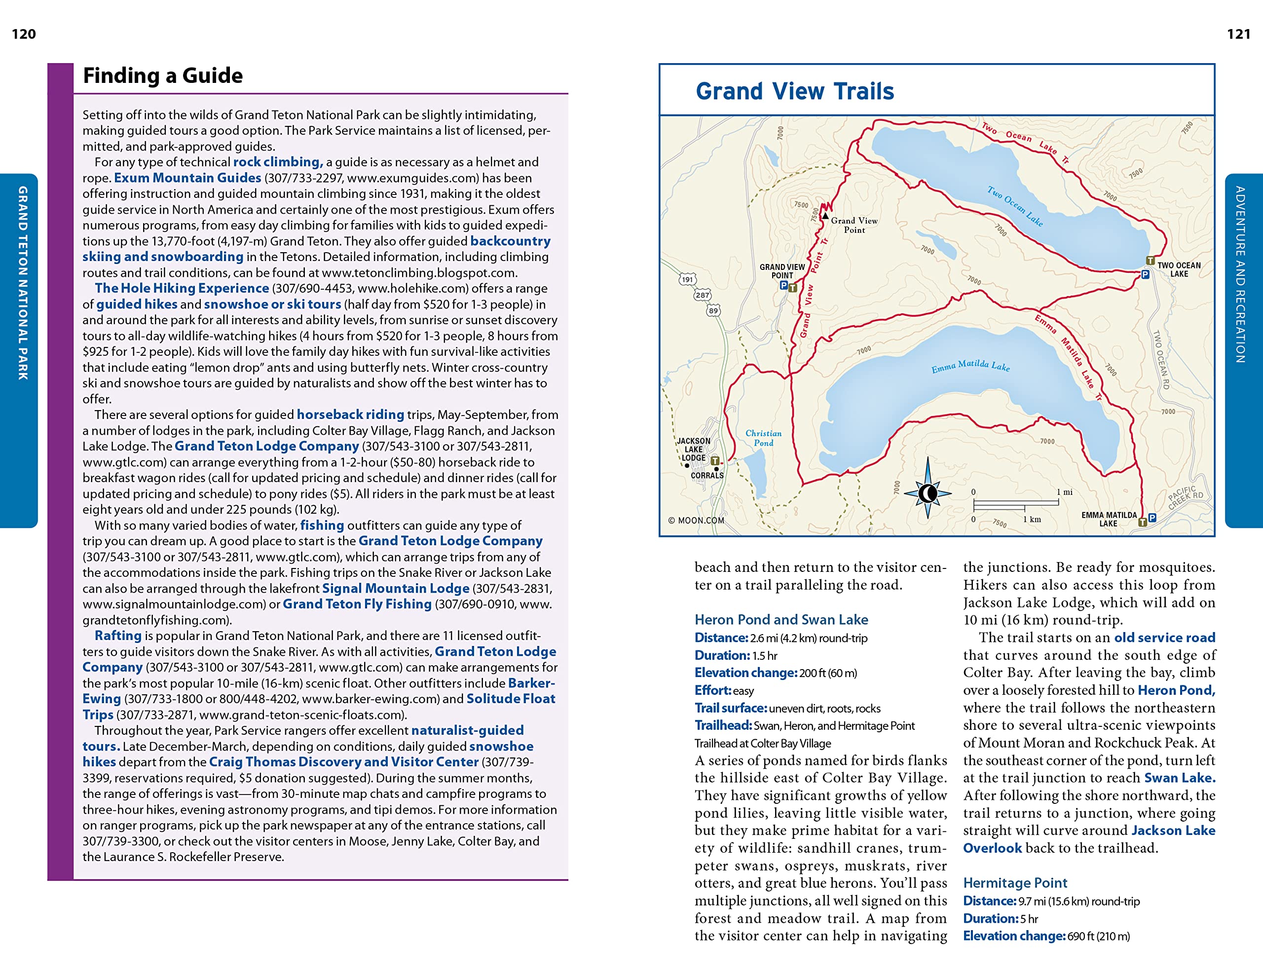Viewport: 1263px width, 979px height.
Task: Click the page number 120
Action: [24, 34]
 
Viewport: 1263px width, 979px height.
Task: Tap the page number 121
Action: [1238, 34]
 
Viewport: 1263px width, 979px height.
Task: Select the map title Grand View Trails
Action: [795, 91]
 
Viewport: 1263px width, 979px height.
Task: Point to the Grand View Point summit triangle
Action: [825, 215]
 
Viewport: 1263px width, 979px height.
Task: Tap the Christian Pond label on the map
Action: [763, 438]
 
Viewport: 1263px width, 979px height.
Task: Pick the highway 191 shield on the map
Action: [686, 279]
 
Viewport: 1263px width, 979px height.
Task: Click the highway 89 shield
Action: [713, 310]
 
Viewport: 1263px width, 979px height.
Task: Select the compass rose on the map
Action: [928, 493]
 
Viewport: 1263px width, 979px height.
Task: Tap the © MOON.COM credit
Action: [696, 521]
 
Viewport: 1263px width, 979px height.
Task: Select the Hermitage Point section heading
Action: [1015, 882]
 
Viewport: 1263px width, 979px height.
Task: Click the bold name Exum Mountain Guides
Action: [187, 178]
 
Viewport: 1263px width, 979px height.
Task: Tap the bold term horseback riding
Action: [350, 414]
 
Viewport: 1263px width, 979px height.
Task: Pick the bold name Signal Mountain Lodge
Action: [396, 588]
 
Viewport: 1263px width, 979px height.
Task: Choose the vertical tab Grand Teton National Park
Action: [23, 283]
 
